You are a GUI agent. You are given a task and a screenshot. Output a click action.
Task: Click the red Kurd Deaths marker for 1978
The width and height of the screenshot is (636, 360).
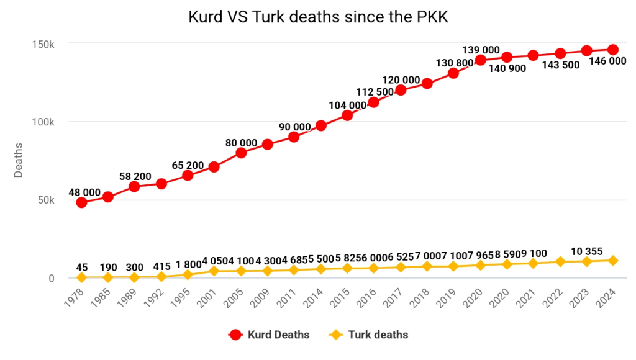[x=81, y=202]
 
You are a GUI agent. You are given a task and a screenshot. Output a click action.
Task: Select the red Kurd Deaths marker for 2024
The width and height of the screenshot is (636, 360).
[x=612, y=50]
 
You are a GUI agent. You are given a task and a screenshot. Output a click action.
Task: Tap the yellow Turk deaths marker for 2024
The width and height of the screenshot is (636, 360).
[x=612, y=261]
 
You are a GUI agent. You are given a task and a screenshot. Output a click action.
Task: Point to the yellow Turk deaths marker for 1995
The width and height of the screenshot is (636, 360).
[x=188, y=274]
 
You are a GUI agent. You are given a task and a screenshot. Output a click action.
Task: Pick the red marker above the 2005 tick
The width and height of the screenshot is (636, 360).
[x=241, y=153]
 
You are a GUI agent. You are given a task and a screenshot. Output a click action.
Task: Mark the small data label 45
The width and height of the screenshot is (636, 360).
[x=82, y=268]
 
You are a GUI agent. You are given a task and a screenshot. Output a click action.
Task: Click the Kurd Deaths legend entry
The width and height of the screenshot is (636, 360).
[x=269, y=335]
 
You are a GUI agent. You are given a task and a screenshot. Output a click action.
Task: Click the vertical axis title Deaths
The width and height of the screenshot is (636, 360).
[x=19, y=160]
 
